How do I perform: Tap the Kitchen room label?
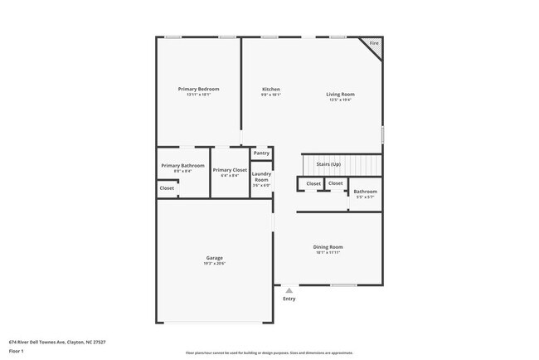tap(271, 89)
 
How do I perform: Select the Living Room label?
tap(340, 94)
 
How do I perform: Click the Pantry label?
tap(261, 153)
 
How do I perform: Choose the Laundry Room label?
tap(261, 176)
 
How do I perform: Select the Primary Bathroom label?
tap(182, 165)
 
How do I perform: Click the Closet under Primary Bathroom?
tap(168, 188)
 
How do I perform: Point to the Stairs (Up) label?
tap(328, 164)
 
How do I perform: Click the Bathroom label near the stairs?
tap(365, 192)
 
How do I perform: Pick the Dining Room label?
tap(328, 246)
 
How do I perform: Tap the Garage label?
tap(214, 257)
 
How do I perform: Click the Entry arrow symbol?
tap(289, 290)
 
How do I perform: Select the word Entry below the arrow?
tap(289, 299)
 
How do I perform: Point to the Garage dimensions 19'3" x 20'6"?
tap(214, 263)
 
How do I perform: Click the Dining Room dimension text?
tap(328, 252)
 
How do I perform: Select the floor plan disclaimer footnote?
tap(269, 353)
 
